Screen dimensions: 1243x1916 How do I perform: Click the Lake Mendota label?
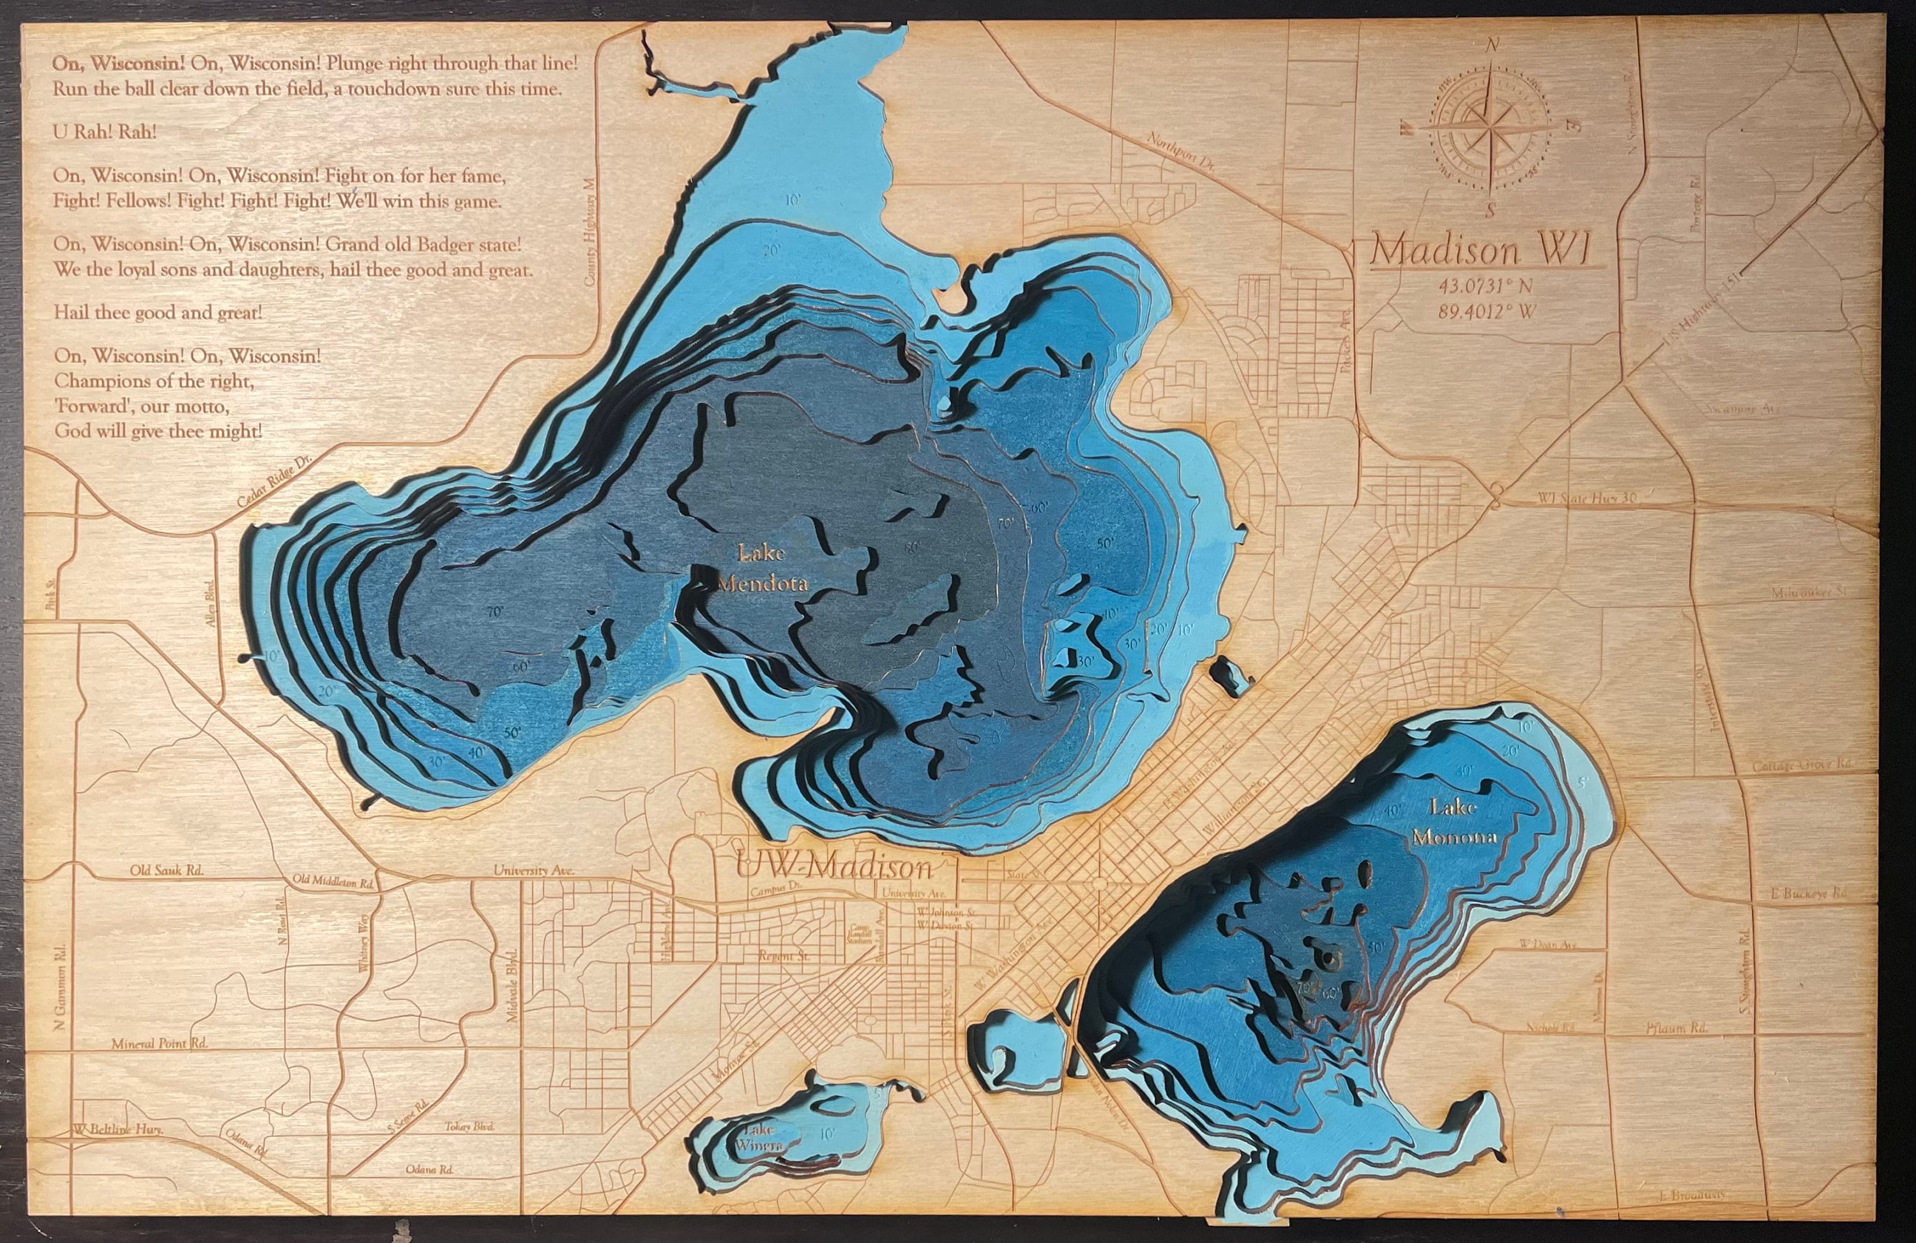click(761, 568)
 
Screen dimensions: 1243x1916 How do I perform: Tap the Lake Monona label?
click(1454, 821)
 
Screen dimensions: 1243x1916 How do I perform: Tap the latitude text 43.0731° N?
click(1486, 285)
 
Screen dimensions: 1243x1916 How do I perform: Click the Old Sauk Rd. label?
click(167, 870)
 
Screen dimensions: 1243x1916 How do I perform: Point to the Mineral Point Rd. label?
click(160, 1043)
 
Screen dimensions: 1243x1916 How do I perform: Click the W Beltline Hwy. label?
click(118, 1129)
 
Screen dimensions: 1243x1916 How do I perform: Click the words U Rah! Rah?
click(105, 132)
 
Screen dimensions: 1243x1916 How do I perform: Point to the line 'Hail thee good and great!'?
click(158, 312)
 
